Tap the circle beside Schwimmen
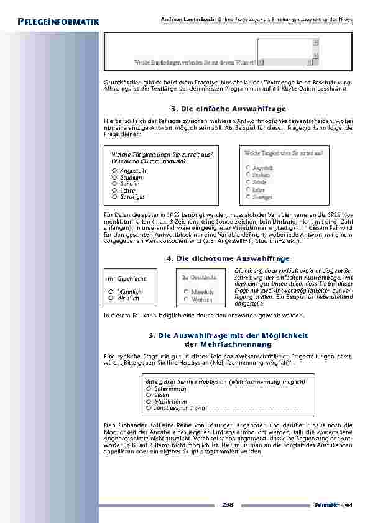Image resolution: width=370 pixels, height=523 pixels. [149, 388]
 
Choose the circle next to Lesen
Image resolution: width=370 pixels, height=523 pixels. [149, 395]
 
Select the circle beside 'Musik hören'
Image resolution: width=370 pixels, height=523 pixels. [149, 402]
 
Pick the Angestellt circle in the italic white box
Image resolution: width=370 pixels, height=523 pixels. [114, 170]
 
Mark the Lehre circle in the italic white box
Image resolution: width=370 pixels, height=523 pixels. [114, 190]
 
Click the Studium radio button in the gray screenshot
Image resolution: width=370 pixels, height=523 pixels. [247, 175]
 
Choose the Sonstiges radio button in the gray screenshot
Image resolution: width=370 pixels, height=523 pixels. [247, 197]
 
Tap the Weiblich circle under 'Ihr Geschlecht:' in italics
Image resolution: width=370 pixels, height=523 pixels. [110, 298]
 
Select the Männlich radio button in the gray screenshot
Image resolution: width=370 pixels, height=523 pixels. [186, 291]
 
